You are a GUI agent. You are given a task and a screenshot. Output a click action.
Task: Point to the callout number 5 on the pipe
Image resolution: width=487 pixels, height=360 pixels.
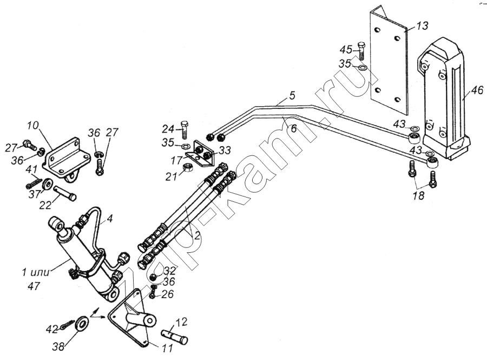click(292, 96)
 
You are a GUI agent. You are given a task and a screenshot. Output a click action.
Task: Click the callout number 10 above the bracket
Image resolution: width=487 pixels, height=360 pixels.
click(33, 126)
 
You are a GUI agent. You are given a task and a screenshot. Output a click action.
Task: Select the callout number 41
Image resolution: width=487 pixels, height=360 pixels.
click(32, 169)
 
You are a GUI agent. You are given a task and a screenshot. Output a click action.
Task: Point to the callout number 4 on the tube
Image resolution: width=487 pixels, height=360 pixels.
click(109, 219)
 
